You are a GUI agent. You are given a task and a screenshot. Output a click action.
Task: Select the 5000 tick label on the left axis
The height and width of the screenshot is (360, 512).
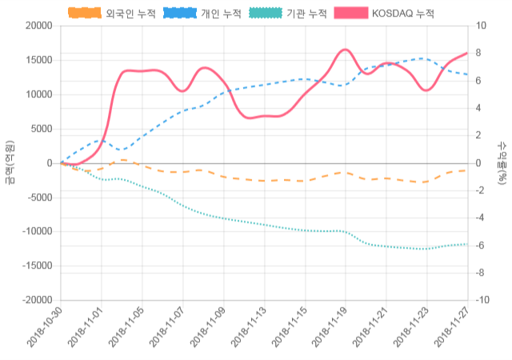(x=40, y=129)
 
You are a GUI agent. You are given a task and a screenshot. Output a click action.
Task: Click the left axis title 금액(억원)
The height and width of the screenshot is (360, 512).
(x=10, y=162)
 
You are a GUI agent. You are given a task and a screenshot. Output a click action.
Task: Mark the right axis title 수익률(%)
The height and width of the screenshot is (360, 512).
(x=502, y=162)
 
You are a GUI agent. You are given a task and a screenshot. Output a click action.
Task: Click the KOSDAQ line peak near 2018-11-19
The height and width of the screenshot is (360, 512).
(x=345, y=50)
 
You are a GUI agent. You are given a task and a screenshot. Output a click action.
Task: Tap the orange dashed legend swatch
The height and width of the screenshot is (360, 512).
(x=84, y=14)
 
